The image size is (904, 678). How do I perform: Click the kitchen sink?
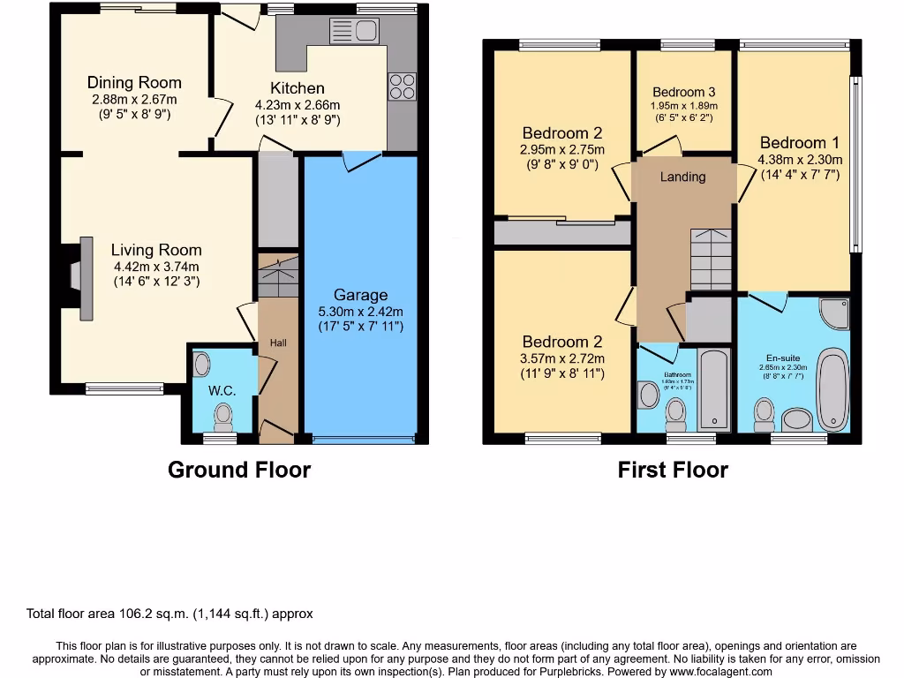click(x=353, y=31)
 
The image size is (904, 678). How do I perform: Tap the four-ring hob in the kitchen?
click(x=402, y=86)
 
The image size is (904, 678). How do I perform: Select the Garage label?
click(x=360, y=295)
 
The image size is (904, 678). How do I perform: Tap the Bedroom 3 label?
click(x=684, y=92)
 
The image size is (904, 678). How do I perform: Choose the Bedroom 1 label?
click(x=800, y=143)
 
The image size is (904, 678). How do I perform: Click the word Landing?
click(x=683, y=177)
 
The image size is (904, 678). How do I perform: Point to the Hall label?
click(x=278, y=343)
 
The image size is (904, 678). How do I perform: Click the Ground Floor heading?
click(x=239, y=470)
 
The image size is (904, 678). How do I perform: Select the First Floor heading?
click(x=673, y=470)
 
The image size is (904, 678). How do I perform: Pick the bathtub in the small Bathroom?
click(x=712, y=388)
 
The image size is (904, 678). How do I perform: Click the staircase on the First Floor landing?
click(x=711, y=259)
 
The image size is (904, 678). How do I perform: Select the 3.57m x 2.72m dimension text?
click(x=563, y=358)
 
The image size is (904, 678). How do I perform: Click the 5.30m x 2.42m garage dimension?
click(x=360, y=312)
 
